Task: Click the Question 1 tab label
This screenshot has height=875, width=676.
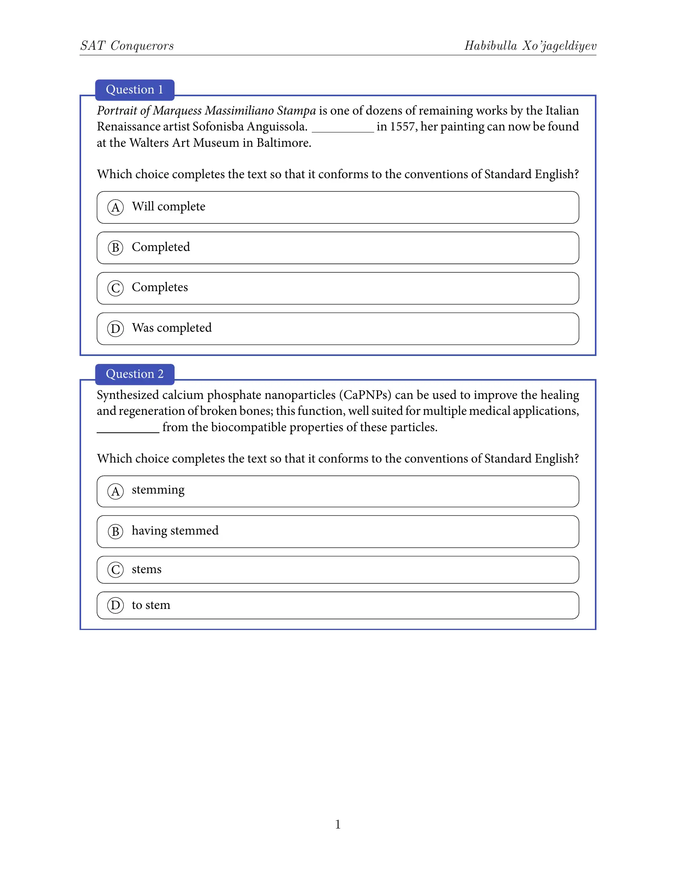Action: tap(134, 90)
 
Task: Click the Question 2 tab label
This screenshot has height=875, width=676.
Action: tap(134, 374)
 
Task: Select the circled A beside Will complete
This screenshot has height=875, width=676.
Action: tap(115, 208)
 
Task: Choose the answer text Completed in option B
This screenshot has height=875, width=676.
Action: tap(161, 247)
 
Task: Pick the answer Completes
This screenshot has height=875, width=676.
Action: tap(159, 288)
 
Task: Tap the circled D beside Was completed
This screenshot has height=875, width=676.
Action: tap(115, 329)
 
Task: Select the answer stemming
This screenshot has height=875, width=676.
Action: tap(158, 490)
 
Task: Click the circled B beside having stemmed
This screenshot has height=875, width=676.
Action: tap(115, 532)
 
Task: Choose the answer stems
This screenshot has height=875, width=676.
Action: tap(146, 569)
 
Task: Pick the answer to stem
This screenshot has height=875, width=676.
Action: tap(151, 605)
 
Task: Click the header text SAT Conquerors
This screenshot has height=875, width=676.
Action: tap(127, 46)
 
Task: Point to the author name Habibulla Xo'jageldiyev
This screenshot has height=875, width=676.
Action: tap(530, 46)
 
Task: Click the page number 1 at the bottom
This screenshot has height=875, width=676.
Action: tap(338, 824)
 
